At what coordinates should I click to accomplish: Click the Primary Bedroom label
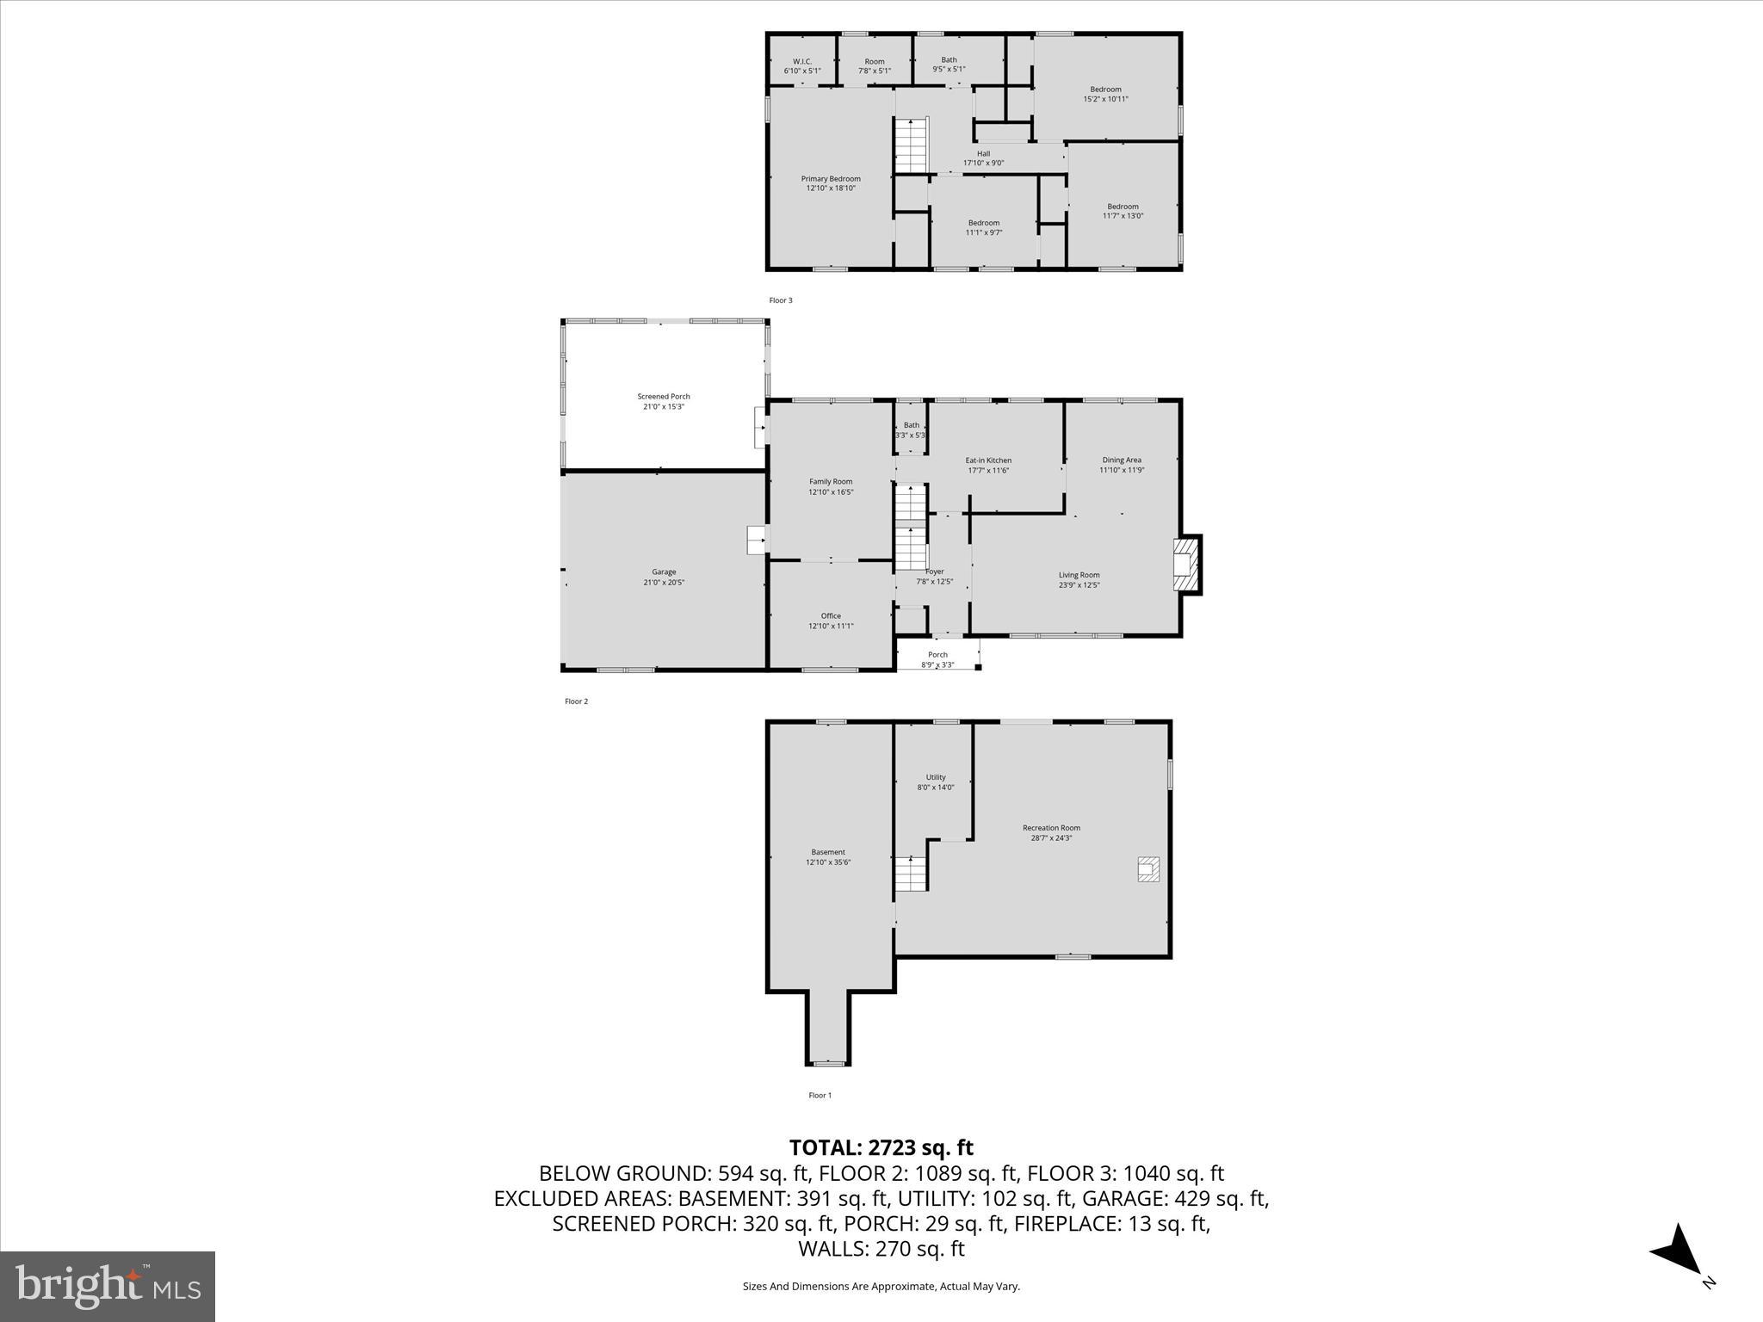831,183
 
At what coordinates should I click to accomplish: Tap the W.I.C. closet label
801,65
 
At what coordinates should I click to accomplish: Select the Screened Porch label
664,401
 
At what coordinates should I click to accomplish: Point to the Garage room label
664,577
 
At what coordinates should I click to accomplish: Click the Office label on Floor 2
831,621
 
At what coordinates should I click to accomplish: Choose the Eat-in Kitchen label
988,465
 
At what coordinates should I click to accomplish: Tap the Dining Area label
1122,465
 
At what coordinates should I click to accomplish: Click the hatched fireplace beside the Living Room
1186,565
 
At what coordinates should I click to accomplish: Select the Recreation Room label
1051,832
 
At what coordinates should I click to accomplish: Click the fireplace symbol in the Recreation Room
1148,869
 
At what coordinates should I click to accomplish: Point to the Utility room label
936,781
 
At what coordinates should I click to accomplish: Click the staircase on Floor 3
911,146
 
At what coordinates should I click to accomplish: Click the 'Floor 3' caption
780,300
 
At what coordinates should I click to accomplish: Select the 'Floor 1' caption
820,1096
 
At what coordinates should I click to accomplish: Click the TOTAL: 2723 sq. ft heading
881,1147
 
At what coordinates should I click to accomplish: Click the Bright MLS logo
108,1287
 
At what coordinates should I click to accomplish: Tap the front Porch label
937,659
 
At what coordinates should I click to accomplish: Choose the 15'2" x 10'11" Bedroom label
1105,94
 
